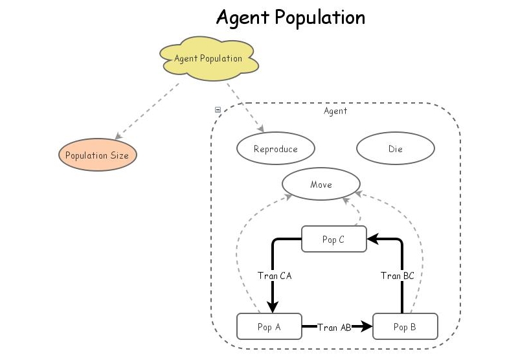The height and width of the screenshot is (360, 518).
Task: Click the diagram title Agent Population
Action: click(290, 17)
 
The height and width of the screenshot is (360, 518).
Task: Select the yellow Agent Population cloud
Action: click(208, 59)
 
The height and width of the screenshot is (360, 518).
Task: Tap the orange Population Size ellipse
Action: click(97, 155)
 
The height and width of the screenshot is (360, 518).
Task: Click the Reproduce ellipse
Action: click(275, 149)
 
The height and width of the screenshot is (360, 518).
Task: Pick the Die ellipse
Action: click(395, 149)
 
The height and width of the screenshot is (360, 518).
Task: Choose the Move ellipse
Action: click(321, 185)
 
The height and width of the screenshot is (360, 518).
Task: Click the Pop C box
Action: click(334, 240)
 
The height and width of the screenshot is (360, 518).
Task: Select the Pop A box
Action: click(269, 326)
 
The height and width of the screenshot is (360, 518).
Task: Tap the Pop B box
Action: click(405, 326)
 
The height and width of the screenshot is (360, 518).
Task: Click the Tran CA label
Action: click(275, 276)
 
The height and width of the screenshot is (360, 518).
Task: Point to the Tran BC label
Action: click(398, 276)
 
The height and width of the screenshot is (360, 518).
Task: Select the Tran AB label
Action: click(334, 328)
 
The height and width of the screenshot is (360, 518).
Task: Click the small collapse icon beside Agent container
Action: click(218, 110)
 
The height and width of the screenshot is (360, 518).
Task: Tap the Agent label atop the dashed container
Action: click(335, 111)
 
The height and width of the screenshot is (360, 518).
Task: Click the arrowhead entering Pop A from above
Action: click(273, 308)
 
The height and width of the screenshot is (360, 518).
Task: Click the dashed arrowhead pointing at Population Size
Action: click(118, 137)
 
